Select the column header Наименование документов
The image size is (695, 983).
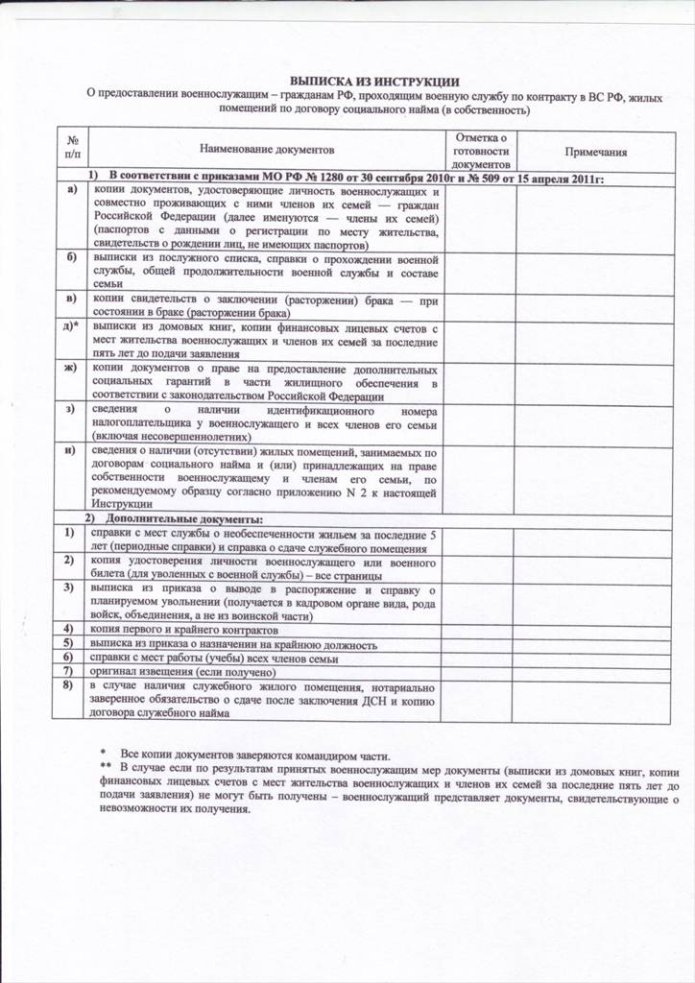click(267, 152)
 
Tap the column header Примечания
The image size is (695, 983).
click(595, 152)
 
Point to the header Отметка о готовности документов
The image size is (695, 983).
click(479, 152)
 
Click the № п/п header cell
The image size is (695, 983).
click(71, 146)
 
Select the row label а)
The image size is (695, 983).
click(71, 190)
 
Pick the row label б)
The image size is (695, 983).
click(71, 259)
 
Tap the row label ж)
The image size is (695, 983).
click(71, 369)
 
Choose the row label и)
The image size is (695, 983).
click(71, 449)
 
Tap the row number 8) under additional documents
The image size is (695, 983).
click(69, 687)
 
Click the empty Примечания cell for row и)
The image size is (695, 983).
click(595, 476)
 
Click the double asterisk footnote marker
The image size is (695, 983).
click(106, 771)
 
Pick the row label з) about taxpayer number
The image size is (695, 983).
click(71, 409)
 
